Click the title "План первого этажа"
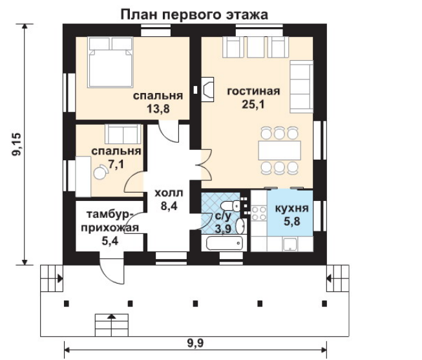click(195, 14)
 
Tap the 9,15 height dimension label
click(16, 145)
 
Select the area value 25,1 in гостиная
click(253, 104)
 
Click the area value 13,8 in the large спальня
click(158, 109)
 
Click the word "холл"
click(169, 193)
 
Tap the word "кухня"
click(291, 208)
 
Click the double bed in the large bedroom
click(111, 62)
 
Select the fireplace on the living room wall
click(207, 89)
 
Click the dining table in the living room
click(279, 150)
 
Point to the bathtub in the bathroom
click(224, 243)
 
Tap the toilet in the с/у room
click(231, 206)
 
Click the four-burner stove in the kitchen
click(258, 213)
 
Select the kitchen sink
click(290, 244)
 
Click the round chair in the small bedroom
click(100, 173)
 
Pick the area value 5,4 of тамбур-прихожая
click(110, 240)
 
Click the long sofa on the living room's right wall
click(301, 87)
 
